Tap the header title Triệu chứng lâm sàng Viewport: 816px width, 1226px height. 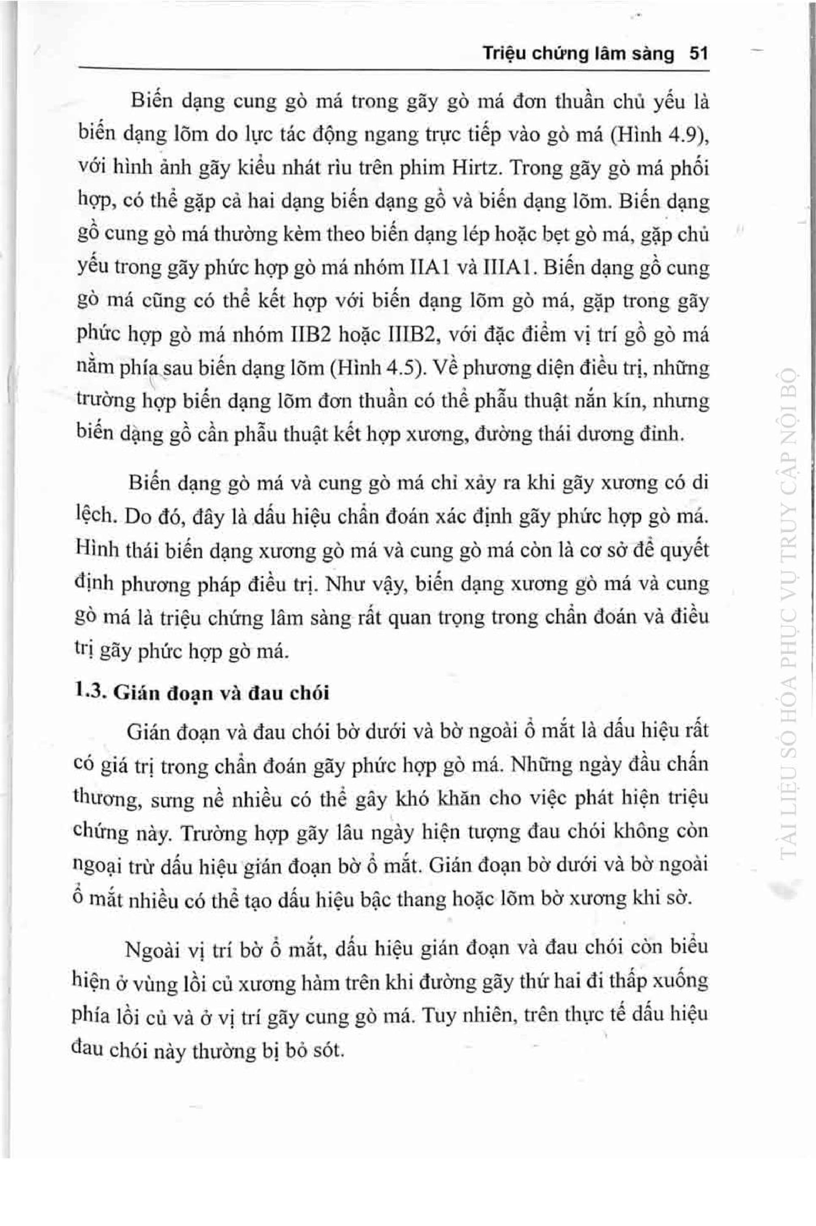[578, 53]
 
